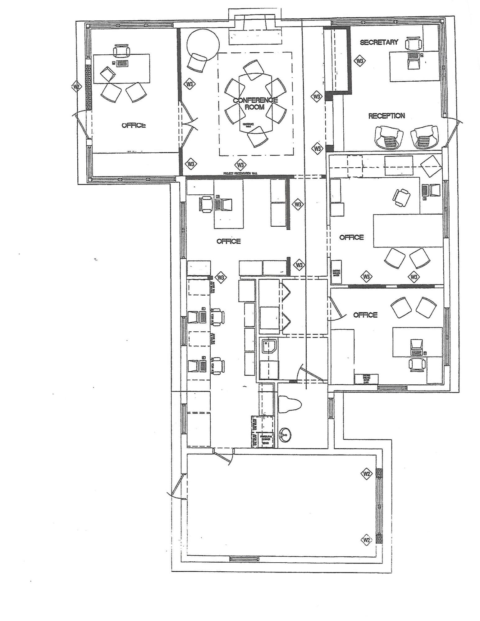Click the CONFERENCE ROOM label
tap(255, 103)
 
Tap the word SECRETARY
tap(379, 43)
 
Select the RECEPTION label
tap(386, 116)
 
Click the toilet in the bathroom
tap(290, 404)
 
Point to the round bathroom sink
tap(286, 434)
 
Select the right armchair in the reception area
tap(424, 137)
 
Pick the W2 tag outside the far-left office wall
tap(76, 87)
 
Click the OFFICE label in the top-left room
tap(134, 125)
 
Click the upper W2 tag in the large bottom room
tap(367, 474)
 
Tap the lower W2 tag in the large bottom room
tap(367, 540)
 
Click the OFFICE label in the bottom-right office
tap(365, 315)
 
